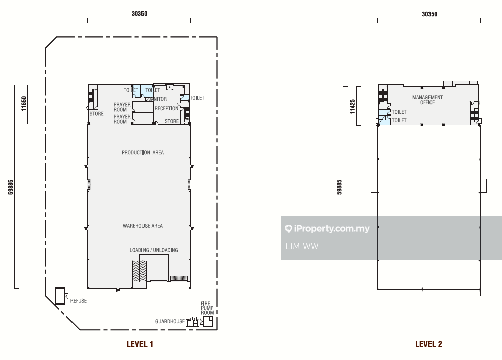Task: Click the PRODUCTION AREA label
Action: [x=143, y=153]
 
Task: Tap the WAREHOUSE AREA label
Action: [x=143, y=226]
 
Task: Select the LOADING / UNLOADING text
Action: [x=154, y=250]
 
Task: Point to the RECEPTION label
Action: [x=167, y=109]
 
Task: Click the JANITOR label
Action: [x=158, y=99]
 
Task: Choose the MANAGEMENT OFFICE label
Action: [x=427, y=100]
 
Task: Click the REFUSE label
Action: [x=79, y=301]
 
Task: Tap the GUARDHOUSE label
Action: [x=170, y=321]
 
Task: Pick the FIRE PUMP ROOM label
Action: [x=207, y=308]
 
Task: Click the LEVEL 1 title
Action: [x=140, y=344]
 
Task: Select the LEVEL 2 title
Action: [x=428, y=344]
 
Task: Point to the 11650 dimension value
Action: [x=24, y=103]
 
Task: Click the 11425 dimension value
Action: [x=352, y=107]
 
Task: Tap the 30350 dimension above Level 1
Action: [x=139, y=14]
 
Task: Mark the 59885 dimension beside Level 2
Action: [x=339, y=187]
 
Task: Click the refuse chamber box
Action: [x=60, y=296]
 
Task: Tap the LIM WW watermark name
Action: [x=302, y=246]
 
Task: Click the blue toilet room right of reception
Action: [x=185, y=97]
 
